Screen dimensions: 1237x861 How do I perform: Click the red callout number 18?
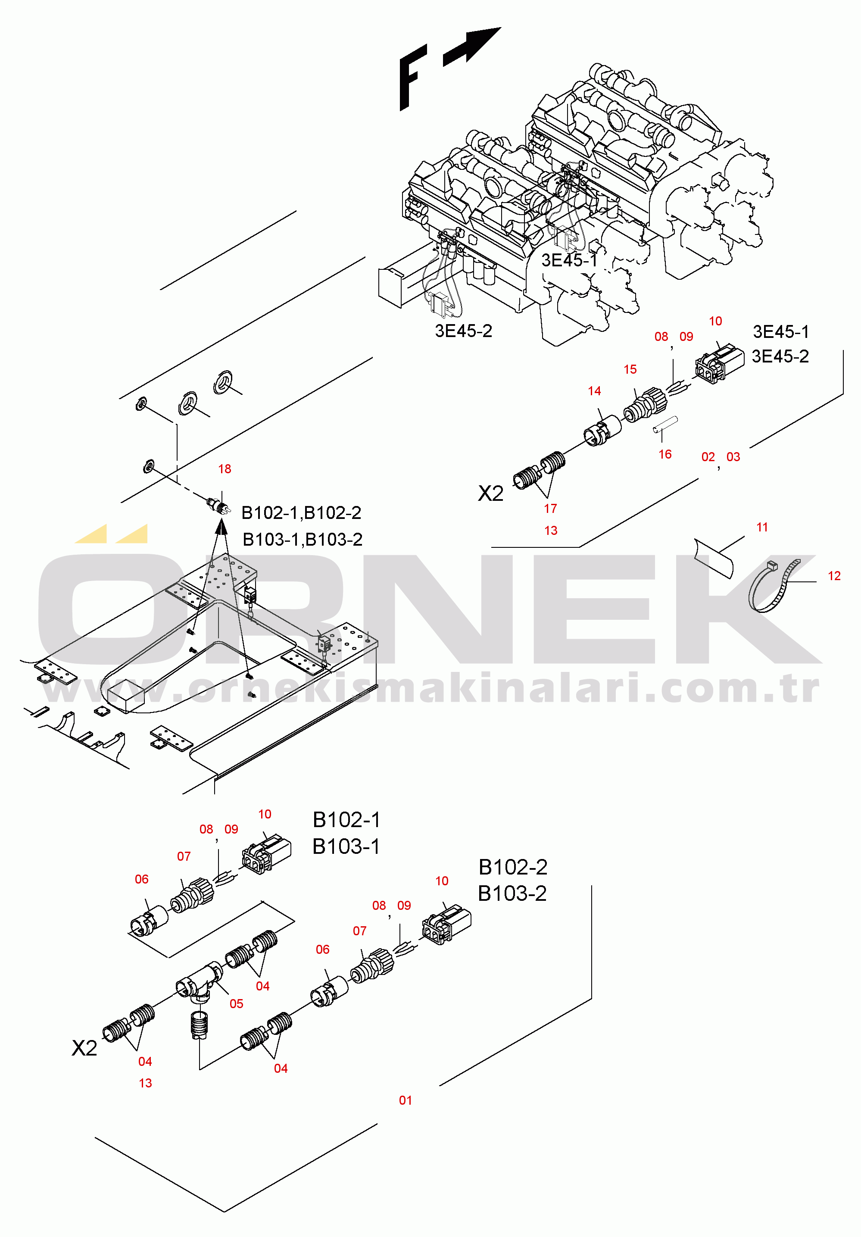225,469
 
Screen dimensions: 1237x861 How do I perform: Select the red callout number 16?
665,455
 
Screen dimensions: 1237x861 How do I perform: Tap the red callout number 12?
834,576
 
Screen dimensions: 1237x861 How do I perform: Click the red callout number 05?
237,1004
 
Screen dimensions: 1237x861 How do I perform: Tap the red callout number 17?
550,509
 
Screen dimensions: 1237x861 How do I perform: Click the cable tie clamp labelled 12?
771,587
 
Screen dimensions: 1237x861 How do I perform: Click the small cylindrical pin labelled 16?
665,423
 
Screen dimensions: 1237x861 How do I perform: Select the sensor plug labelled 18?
218,506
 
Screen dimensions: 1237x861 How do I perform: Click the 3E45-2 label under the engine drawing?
463,331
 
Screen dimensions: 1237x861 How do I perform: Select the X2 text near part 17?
490,494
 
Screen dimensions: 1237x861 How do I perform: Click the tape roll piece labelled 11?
714,558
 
